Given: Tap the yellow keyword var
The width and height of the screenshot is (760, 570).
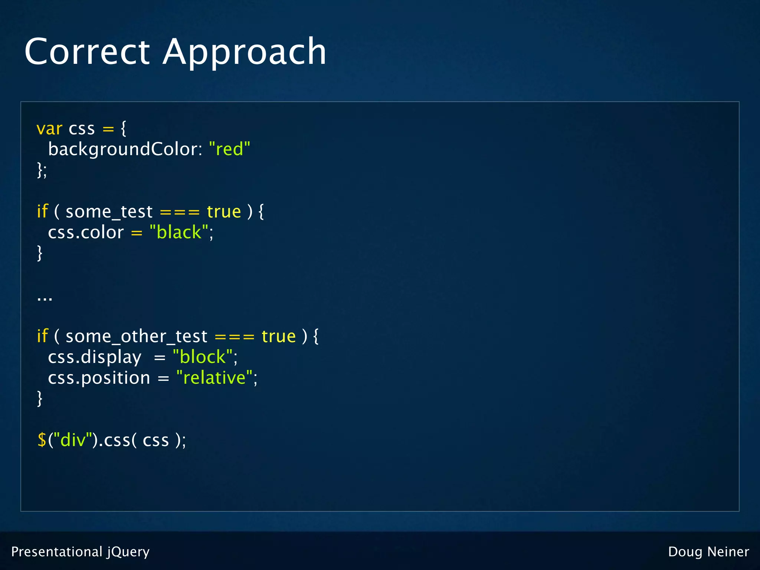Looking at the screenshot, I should tap(49, 129).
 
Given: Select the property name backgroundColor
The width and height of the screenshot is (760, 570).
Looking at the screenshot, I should tap(125, 150).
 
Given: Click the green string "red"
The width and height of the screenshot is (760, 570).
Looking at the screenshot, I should tap(230, 149).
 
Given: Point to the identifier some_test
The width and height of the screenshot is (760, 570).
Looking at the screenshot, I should tap(109, 212).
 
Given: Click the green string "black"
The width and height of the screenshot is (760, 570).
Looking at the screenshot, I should tap(179, 233).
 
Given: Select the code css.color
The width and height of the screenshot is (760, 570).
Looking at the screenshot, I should tap(86, 233).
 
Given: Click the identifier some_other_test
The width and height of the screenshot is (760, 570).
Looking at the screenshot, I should tap(136, 337).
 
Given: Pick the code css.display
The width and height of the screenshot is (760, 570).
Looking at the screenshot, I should tap(95, 357).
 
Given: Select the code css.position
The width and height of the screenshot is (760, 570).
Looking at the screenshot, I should tap(99, 378).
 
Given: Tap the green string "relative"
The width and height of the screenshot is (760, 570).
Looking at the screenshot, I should tap(214, 378).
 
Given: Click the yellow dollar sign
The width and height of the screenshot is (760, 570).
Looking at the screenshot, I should tap(42, 440).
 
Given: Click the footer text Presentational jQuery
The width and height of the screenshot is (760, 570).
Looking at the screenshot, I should tap(81, 552).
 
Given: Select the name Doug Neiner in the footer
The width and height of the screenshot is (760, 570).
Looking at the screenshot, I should tap(708, 552).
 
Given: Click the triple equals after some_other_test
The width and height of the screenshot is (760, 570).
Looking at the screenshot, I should tap(235, 337).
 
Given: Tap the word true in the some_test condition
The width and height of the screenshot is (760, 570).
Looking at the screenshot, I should tap(224, 212).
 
